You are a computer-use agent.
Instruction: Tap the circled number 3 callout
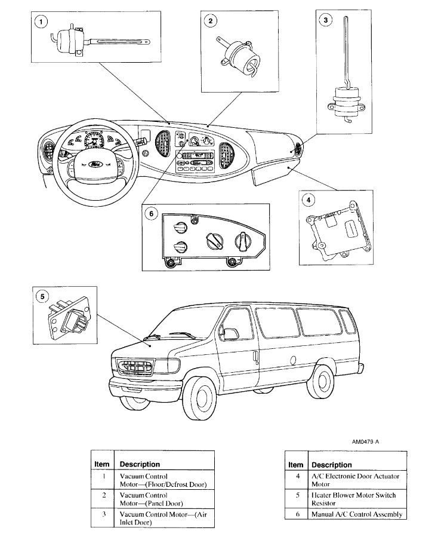click(325, 20)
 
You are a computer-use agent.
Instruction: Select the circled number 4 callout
click(308, 200)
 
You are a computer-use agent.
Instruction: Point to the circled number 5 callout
click(41, 296)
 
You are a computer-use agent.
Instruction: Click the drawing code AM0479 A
click(365, 442)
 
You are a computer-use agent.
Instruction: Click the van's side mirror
click(230, 334)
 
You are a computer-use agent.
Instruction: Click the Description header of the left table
click(140, 464)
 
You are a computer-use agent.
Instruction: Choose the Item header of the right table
click(296, 464)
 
